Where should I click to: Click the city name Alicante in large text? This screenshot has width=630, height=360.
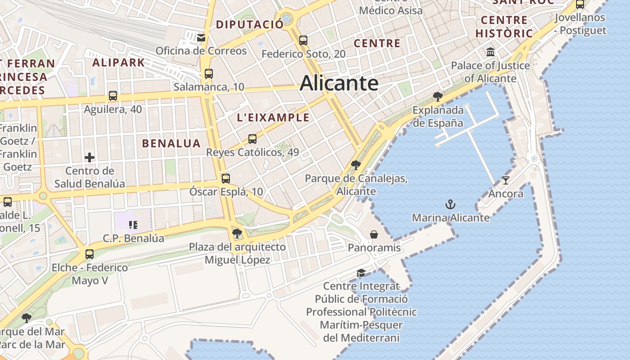point(339,83)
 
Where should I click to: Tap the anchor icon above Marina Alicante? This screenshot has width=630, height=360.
point(450,204)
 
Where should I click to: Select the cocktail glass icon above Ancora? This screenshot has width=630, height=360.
point(506,180)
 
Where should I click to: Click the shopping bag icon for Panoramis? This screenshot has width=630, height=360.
point(374,234)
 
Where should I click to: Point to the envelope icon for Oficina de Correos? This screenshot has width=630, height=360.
point(201,37)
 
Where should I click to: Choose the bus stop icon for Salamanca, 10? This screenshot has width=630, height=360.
point(208,73)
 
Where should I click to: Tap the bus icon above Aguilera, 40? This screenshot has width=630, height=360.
point(112,95)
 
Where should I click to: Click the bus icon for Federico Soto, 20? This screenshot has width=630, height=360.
point(303,40)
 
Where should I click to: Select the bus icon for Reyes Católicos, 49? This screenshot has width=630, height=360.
point(252,139)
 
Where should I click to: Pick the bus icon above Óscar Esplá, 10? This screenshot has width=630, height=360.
point(225,178)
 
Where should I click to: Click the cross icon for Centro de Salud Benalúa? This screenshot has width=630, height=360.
point(90,157)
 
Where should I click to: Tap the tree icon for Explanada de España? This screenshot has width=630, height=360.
point(437,96)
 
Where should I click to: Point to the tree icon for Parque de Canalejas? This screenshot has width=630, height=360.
point(356,165)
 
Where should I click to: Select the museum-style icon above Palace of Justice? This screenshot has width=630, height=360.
point(490,52)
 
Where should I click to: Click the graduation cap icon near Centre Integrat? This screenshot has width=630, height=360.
point(361,273)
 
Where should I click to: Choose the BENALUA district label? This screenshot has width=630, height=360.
point(171,144)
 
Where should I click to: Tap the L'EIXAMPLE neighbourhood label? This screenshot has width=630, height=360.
point(273,118)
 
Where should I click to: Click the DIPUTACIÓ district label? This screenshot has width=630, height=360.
point(249,24)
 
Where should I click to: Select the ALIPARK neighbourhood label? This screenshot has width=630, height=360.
point(118,63)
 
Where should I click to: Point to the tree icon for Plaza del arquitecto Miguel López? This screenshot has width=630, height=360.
point(237,234)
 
